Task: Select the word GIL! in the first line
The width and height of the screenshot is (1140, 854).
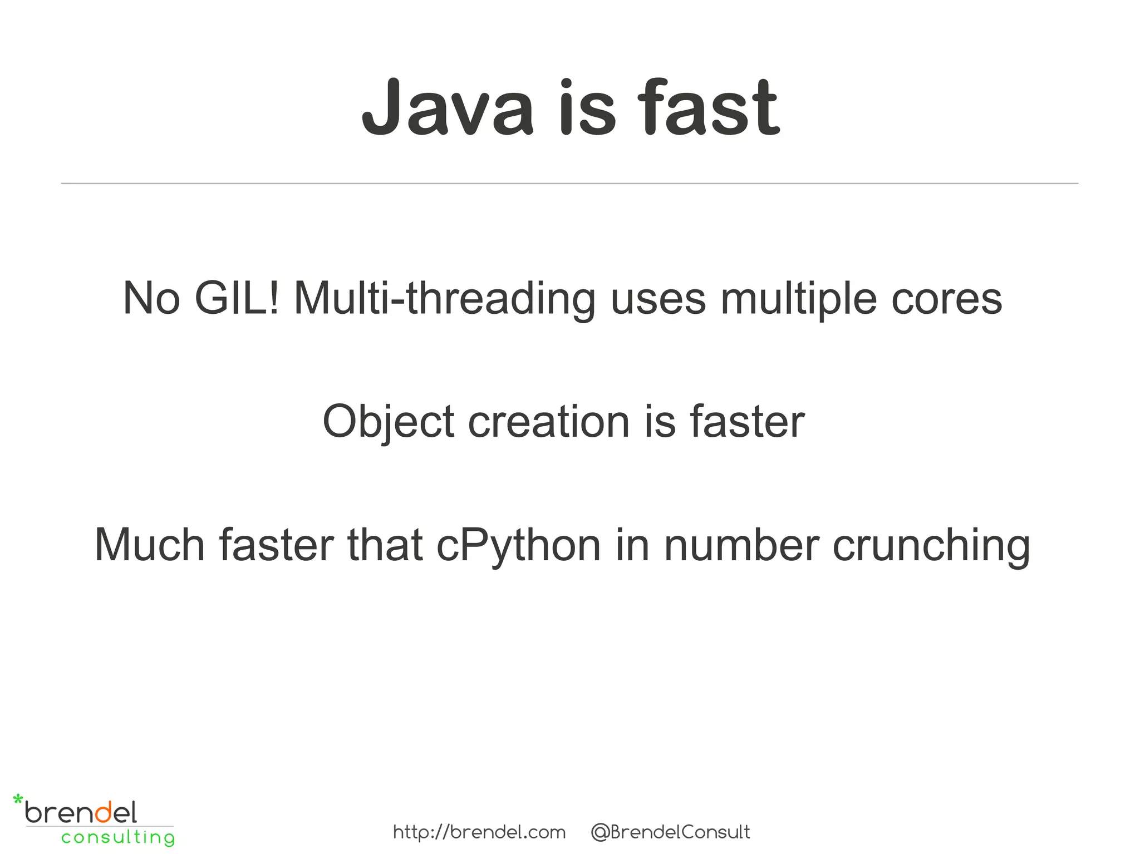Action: tap(237, 299)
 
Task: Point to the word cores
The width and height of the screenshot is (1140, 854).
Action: tap(946, 299)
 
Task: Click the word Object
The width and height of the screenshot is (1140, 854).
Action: tap(389, 422)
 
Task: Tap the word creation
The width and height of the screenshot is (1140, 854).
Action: tap(548, 422)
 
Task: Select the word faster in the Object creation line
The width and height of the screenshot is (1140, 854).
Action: tap(747, 422)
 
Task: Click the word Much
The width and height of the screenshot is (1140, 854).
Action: tap(150, 545)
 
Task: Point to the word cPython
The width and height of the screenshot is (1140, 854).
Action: tap(518, 545)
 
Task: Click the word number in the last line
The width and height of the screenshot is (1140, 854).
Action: tap(741, 545)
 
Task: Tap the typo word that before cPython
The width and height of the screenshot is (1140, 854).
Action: tap(385, 545)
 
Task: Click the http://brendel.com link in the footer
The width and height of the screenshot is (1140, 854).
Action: tap(479, 832)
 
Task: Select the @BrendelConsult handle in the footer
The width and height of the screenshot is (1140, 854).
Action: tap(670, 832)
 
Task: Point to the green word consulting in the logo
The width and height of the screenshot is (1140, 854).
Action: tap(118, 837)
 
